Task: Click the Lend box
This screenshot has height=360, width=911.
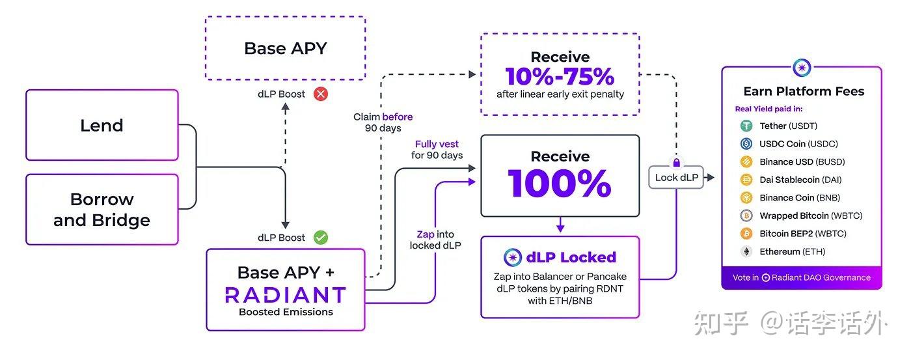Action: tap(102, 125)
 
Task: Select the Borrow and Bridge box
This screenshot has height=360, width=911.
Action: tap(102, 209)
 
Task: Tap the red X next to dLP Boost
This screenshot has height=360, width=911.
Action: tap(321, 94)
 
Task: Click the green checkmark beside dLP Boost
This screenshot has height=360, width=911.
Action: tap(321, 238)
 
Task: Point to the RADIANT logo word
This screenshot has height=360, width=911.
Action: tap(285, 294)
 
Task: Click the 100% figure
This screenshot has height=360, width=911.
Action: tap(560, 184)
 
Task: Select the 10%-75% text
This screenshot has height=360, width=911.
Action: tap(560, 77)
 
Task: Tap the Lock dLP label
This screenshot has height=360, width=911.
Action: tap(676, 177)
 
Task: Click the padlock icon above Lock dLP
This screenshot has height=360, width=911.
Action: tap(676, 162)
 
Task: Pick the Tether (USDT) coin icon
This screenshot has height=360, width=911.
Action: tap(746, 126)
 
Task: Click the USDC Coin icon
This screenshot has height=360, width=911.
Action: tap(746, 144)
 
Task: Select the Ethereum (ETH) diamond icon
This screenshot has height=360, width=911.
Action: tap(746, 251)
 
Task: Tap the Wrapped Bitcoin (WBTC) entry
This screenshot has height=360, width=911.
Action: tap(801, 215)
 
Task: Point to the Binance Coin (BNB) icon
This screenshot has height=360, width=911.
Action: tap(746, 198)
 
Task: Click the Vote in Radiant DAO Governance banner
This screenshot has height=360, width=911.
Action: tap(802, 277)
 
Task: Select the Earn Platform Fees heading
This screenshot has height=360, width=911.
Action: tap(804, 91)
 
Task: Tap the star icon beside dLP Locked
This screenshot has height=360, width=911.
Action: tap(513, 257)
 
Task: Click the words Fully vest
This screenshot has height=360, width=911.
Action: tap(437, 144)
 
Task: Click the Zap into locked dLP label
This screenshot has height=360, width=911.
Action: tap(435, 240)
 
